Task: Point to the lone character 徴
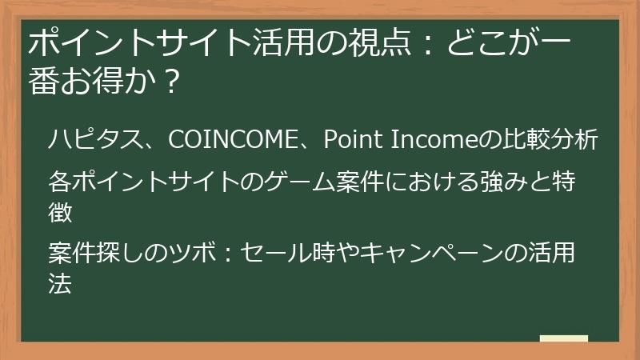click(x=60, y=211)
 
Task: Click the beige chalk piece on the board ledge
click(x=563, y=338)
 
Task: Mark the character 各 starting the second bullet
click(x=60, y=182)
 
